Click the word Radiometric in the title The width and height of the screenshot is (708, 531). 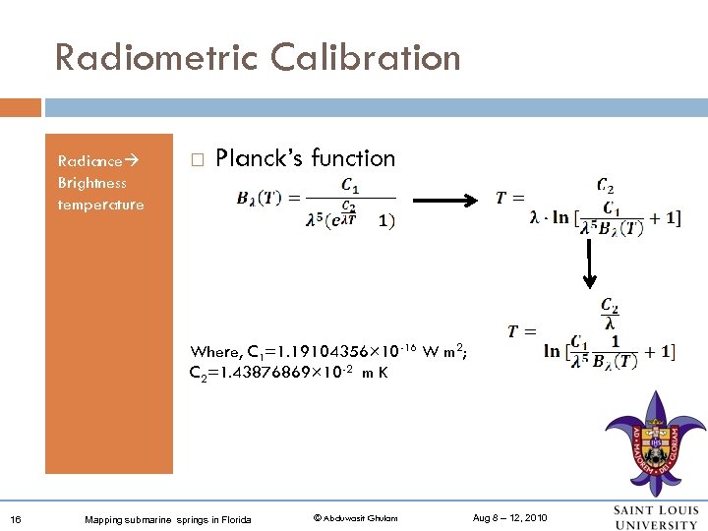(147, 57)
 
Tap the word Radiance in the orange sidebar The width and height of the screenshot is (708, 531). (89, 160)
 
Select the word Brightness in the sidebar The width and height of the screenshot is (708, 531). (91, 183)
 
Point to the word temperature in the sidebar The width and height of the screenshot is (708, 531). (100, 205)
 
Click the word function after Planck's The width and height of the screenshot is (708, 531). (352, 158)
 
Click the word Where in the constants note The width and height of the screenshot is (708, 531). (215, 352)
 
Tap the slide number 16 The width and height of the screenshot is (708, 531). (17, 518)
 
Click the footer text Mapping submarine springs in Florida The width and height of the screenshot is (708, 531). (168, 519)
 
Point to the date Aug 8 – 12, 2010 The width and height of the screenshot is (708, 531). (510, 518)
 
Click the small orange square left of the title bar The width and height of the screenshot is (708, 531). (20, 106)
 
